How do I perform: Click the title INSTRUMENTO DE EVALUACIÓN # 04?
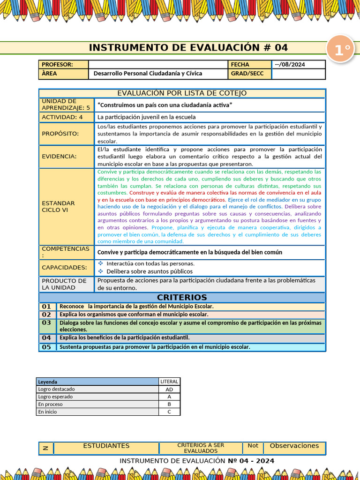tap(188, 48)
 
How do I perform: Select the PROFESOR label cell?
tap(57, 65)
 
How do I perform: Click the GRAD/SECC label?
tap(247, 74)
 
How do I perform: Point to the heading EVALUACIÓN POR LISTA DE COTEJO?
tap(182, 93)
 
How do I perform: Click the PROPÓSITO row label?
tap(60, 134)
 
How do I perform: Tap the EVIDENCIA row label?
tap(59, 157)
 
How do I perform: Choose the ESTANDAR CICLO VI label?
tap(59, 207)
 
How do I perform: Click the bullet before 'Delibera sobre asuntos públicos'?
tap(101, 271)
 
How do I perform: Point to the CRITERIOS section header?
tap(182, 298)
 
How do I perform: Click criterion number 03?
tap(46, 323)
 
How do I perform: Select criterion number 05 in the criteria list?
tap(46, 347)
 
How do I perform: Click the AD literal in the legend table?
tap(169, 390)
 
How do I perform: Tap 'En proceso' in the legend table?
tap(51, 404)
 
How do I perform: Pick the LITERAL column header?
tap(169, 382)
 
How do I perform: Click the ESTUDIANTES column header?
tap(106, 446)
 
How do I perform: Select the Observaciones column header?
tap(294, 446)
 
